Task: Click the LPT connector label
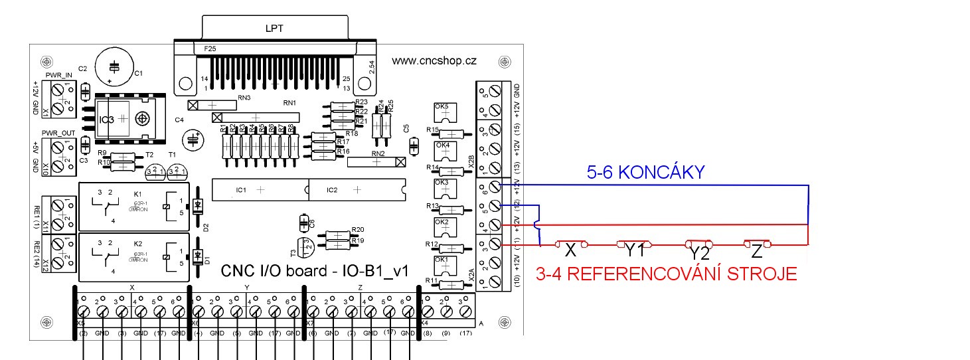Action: click(x=274, y=29)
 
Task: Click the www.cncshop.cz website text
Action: click(x=434, y=60)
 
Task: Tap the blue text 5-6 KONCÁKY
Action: click(x=645, y=173)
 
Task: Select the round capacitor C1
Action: click(x=114, y=67)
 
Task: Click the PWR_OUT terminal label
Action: click(x=58, y=134)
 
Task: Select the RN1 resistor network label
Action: click(x=290, y=104)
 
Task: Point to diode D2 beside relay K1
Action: click(x=198, y=207)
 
